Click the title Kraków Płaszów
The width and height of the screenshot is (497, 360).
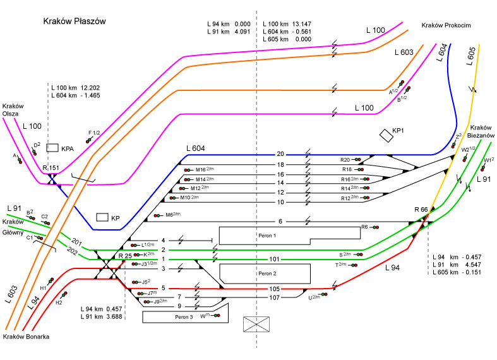pos(74,21)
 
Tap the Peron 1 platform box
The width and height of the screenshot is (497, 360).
pos(265,235)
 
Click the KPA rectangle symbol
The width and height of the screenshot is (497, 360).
pos(52,147)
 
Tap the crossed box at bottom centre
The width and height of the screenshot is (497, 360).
pos(256,325)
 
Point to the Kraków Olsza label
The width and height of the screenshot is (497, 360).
pos(13,111)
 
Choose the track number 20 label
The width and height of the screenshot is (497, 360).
pos(280,154)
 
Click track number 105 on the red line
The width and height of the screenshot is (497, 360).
pos(274,288)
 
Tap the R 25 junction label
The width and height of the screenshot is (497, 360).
pos(124,256)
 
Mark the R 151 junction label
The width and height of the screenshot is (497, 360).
pos(51,168)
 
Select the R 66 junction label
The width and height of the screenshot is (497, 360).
pos(421,209)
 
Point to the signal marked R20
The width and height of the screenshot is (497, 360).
pos(357,160)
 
